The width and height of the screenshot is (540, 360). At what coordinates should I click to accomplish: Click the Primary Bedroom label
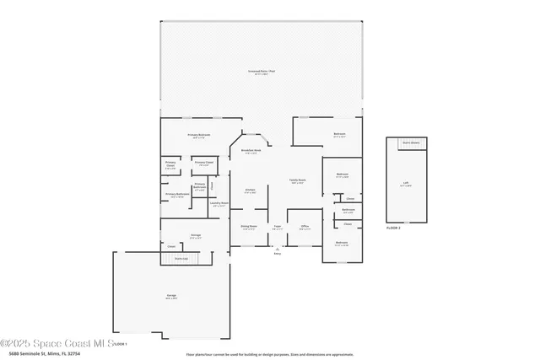click(199, 135)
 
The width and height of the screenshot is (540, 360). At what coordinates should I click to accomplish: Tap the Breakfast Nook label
click(251, 151)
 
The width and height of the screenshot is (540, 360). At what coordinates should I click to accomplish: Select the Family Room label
click(297, 180)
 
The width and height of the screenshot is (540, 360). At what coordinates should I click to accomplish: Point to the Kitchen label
click(251, 191)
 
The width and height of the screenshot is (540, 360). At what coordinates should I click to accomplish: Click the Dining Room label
click(249, 226)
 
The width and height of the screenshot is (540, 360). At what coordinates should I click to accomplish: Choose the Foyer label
click(277, 226)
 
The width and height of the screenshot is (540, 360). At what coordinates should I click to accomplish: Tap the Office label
click(305, 226)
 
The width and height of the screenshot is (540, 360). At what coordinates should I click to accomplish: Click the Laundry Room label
click(219, 203)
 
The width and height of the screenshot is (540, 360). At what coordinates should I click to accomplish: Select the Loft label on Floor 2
click(405, 182)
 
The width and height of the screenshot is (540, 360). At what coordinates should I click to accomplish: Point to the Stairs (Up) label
click(181, 258)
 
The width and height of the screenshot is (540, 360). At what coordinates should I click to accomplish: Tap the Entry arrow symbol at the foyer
click(277, 249)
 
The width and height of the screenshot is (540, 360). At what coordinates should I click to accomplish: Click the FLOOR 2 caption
click(393, 228)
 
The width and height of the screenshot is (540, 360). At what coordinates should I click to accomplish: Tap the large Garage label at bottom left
click(171, 296)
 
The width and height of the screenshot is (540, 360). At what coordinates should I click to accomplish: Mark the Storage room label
click(195, 235)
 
